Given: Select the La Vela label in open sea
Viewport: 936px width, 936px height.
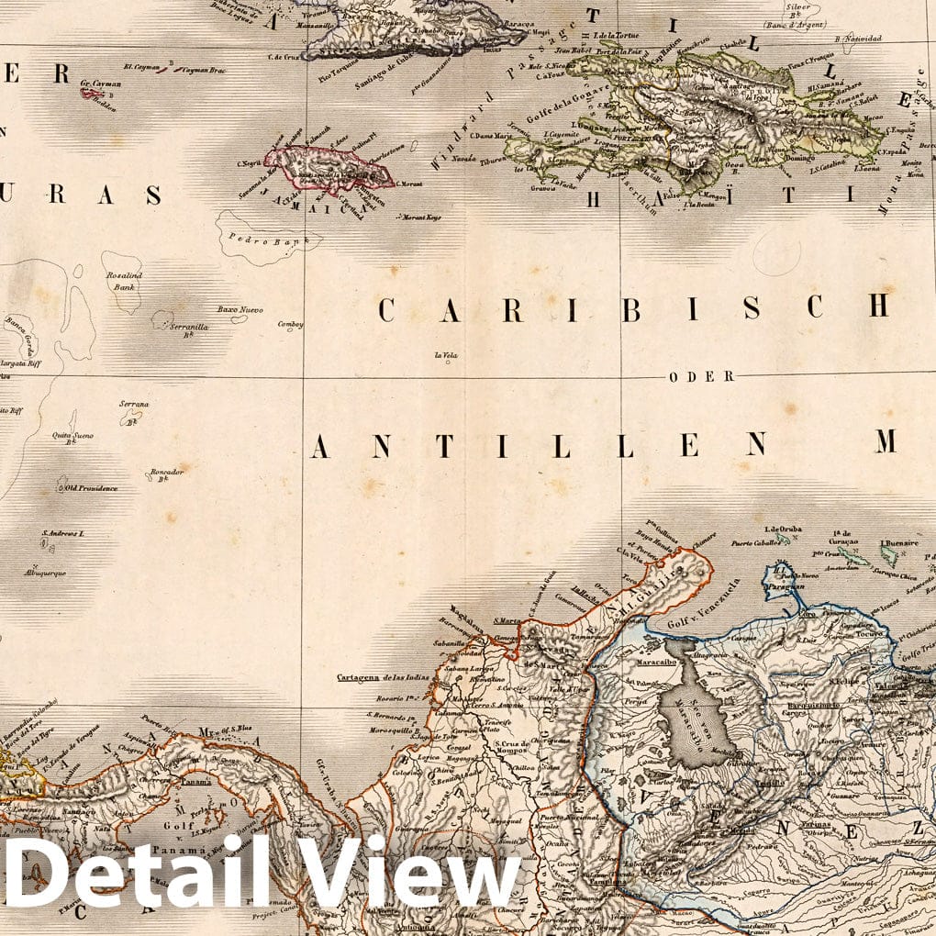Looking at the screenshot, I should tap(447, 354).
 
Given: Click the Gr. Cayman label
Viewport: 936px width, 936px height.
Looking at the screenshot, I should tap(96, 83).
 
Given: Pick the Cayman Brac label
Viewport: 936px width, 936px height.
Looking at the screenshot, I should tap(205, 70).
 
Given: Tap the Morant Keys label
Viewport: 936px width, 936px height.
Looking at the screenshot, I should tap(420, 217).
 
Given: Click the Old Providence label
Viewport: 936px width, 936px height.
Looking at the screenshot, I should tap(91, 488).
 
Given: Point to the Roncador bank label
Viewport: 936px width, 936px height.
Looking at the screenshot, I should tap(166, 474).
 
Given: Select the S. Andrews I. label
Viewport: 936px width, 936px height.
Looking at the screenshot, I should tap(62, 533).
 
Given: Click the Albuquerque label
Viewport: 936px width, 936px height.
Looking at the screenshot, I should tap(45, 573).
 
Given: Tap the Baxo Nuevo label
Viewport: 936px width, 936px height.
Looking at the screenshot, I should tap(240, 309).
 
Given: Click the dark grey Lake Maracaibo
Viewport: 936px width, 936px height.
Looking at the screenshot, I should tap(700, 713).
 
